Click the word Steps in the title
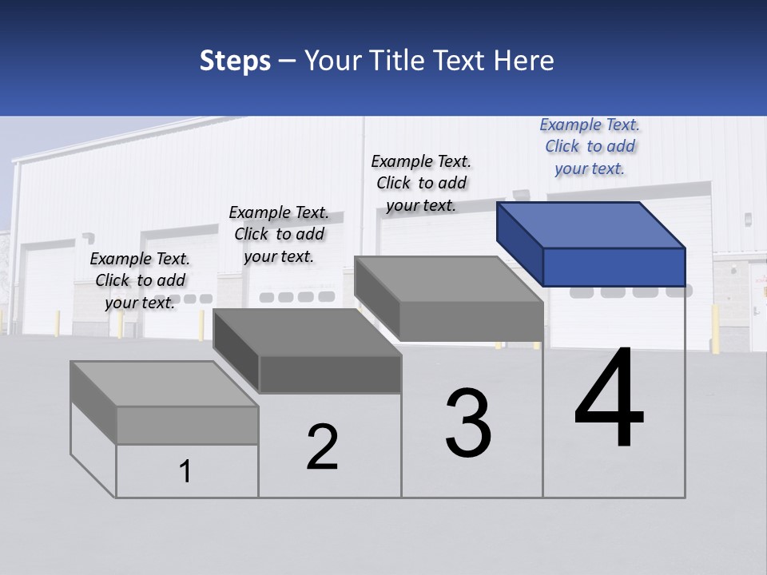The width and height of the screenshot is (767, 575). click(x=235, y=61)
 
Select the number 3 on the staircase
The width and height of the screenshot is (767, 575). click(x=468, y=423)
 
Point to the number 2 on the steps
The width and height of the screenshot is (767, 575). click(x=322, y=446)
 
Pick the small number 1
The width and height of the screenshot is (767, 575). click(x=185, y=471)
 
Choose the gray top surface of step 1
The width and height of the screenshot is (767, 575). click(x=165, y=383)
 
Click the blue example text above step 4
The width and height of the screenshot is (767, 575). click(x=590, y=146)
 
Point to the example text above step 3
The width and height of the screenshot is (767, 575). click(x=421, y=183)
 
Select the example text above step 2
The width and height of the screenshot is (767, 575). click(x=279, y=234)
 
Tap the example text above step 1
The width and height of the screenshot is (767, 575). click(x=140, y=280)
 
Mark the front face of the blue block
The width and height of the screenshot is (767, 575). click(x=614, y=267)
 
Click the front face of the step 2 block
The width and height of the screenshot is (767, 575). click(x=330, y=374)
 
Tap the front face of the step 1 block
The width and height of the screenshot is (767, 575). click(x=187, y=425)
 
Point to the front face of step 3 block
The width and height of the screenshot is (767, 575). click(x=471, y=321)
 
